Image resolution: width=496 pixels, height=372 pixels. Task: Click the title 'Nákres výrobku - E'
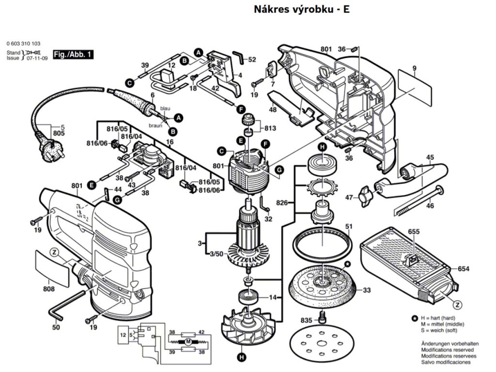pos(301,10)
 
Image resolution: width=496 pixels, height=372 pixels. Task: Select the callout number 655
pos(413,232)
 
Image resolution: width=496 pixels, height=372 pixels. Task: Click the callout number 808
pos(48,289)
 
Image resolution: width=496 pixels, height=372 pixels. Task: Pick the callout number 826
pos(282,202)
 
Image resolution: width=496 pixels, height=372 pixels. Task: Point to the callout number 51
pos(349,226)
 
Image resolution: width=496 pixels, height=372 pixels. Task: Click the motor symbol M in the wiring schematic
pos(186,341)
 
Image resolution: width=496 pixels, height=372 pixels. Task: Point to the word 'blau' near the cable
pos(165,109)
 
